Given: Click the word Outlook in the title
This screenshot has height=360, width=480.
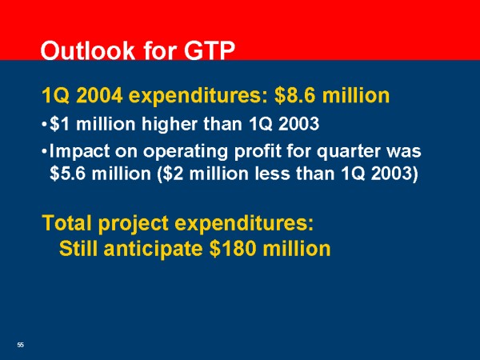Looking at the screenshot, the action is [x=87, y=50].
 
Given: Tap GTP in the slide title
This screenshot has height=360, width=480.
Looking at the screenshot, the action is [x=210, y=50].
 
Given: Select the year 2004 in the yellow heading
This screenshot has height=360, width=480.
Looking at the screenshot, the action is [x=99, y=95].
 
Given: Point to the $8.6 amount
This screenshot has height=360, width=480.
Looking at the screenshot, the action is [x=295, y=95].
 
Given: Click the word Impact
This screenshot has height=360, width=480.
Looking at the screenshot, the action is [x=79, y=151].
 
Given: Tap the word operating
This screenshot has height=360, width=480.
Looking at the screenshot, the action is [x=186, y=152].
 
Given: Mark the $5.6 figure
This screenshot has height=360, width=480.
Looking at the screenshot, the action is [x=68, y=174].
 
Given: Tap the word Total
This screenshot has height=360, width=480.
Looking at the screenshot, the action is [x=67, y=222].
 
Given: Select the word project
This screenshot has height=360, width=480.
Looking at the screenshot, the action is [x=134, y=223].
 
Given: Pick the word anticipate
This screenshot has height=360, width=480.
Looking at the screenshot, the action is [x=153, y=249].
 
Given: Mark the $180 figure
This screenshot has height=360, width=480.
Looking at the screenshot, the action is [x=233, y=248].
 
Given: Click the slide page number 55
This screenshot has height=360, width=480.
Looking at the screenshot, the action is [x=20, y=345].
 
